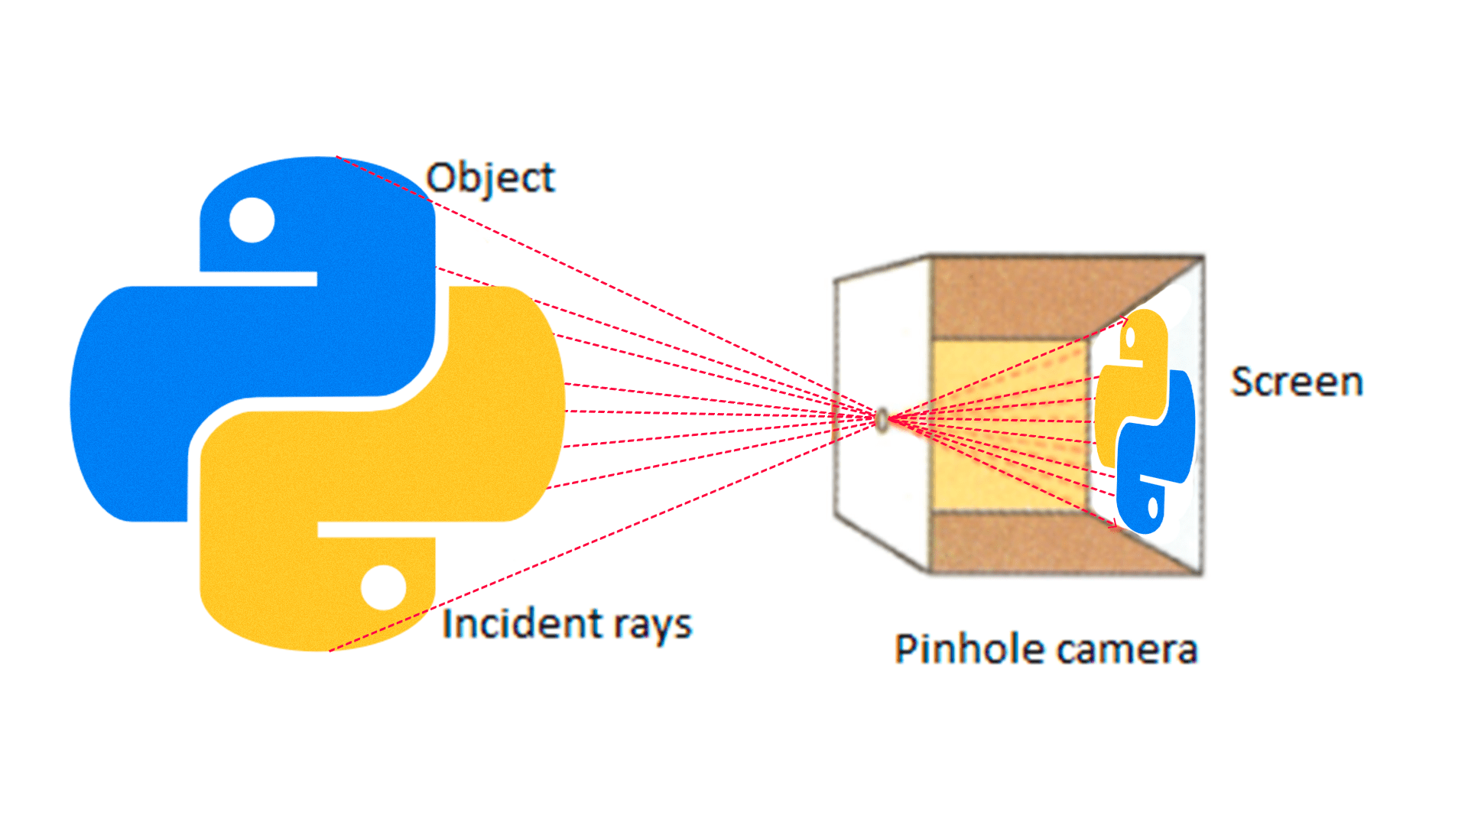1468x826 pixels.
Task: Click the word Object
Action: point(489,178)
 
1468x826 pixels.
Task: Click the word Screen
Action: point(1297,382)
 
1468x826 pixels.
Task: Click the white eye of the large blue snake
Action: point(252,220)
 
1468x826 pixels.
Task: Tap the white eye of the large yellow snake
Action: point(383,587)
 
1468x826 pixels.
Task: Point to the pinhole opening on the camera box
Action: point(882,419)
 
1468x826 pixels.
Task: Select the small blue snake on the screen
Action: point(1158,459)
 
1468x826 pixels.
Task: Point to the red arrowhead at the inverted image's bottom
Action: point(1115,525)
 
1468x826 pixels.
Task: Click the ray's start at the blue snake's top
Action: point(337,158)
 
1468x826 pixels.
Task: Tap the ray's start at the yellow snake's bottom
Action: point(330,651)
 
